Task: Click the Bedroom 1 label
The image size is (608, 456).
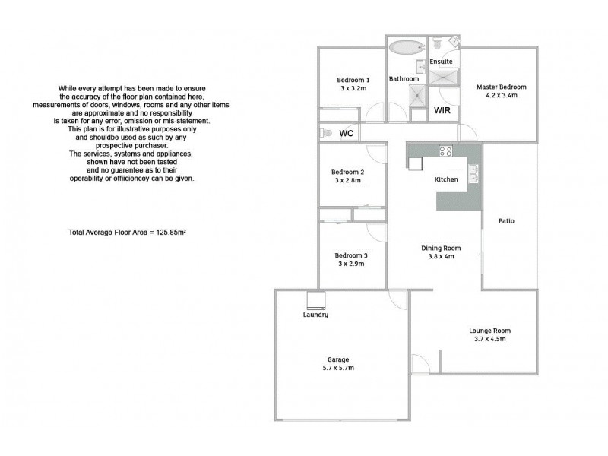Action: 353,80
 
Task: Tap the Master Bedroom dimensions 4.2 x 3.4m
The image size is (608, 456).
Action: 501,96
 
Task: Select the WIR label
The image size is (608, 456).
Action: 441,111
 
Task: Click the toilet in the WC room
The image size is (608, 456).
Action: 326,133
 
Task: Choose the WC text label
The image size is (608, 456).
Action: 347,134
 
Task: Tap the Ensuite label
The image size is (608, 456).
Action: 441,61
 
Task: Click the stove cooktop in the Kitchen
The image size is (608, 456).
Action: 445,151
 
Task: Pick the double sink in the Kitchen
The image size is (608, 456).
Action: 473,176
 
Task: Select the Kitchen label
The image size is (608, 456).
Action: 445,180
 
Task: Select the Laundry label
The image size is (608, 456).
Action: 315,315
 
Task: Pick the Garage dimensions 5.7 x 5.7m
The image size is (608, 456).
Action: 339,368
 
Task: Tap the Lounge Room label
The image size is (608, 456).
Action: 489,331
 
